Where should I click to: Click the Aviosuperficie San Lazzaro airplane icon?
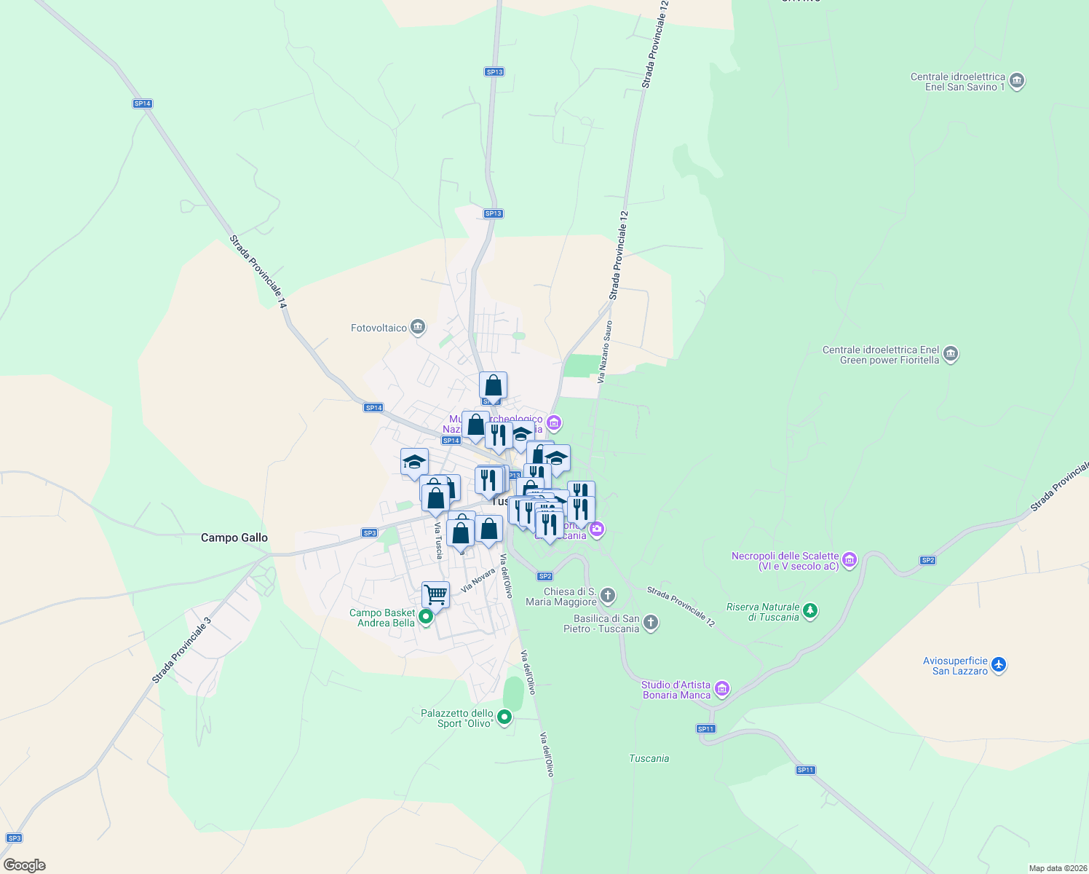tap(998, 664)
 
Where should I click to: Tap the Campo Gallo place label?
tap(234, 538)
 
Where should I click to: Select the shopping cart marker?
tap(435, 594)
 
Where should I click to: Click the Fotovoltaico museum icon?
tap(418, 327)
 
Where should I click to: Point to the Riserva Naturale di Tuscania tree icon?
tap(810, 611)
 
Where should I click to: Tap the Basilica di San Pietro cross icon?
tap(651, 623)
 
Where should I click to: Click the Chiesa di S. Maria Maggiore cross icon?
tap(608, 596)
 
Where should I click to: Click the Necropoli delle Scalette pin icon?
tap(849, 560)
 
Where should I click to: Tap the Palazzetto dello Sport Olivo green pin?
tap(504, 718)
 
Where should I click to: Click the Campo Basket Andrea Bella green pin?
tap(426, 618)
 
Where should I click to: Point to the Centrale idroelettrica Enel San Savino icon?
tap(1018, 81)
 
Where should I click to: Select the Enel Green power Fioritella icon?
tap(950, 354)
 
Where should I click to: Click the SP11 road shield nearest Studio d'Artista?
tap(705, 728)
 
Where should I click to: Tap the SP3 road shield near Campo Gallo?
tap(369, 533)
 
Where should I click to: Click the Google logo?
tap(24, 865)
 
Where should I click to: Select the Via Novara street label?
tap(478, 579)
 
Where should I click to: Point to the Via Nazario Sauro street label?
tap(604, 352)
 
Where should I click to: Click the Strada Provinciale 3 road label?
tap(181, 650)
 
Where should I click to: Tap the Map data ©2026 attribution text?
tap(1057, 868)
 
